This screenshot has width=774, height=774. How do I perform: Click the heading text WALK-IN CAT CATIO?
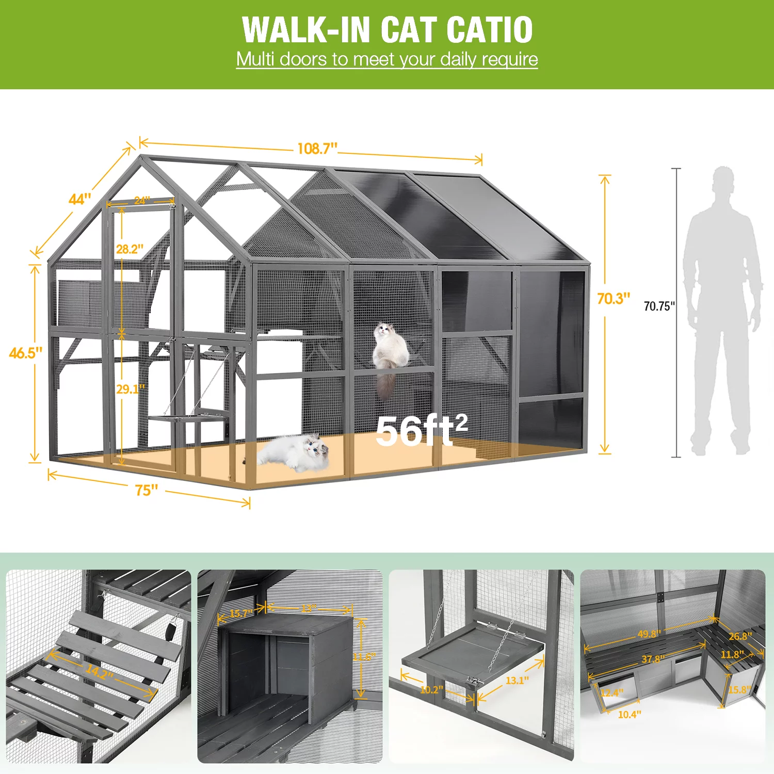(x=387, y=29)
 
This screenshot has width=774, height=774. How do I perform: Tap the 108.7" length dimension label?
(x=317, y=149)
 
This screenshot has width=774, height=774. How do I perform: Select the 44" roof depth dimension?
(x=79, y=199)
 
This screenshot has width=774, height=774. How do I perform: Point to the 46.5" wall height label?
(x=25, y=353)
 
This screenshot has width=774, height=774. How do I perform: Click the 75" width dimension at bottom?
(x=147, y=490)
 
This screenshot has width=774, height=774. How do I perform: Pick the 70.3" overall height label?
(x=614, y=299)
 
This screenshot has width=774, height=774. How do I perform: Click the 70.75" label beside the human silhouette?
(x=659, y=306)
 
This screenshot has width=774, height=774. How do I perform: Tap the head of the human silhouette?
(x=723, y=181)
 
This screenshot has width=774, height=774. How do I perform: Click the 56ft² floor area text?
(x=421, y=431)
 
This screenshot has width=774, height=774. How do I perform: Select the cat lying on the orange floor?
(x=294, y=453)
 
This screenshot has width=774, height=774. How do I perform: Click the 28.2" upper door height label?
(x=130, y=249)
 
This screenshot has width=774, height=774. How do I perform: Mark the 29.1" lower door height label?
(x=130, y=389)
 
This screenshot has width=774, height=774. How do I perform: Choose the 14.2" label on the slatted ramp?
(x=99, y=671)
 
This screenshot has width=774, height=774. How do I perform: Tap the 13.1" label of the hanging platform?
(x=517, y=681)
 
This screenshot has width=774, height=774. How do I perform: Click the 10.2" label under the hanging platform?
(x=431, y=689)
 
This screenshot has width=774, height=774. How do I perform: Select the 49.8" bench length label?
(x=649, y=634)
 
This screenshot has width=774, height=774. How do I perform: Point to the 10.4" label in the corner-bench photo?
(x=629, y=714)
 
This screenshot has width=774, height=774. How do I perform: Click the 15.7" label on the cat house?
(x=240, y=614)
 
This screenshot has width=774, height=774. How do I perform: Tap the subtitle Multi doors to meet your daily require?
(x=387, y=59)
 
